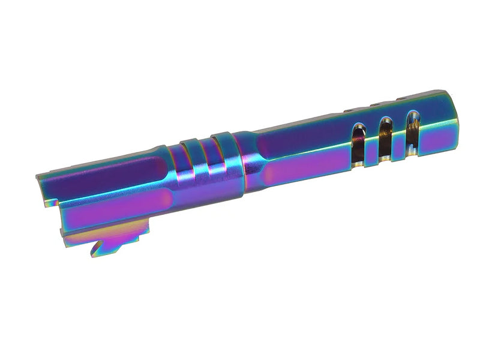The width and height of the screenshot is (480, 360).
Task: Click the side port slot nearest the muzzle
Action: point(412,127)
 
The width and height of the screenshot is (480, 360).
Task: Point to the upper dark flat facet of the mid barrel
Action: point(300,144)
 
